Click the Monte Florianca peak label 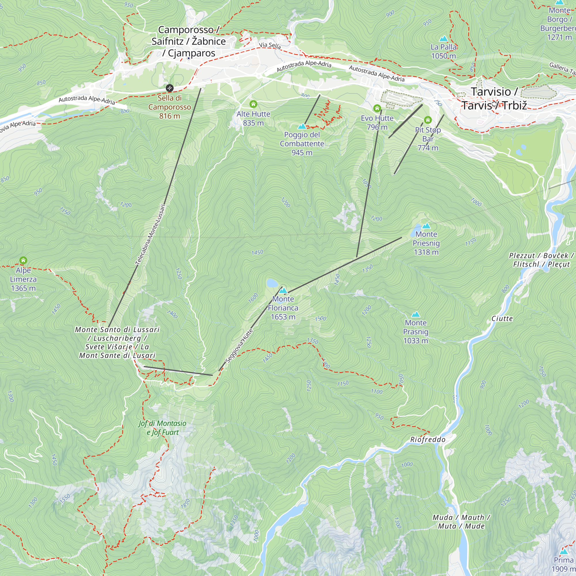tap(283, 308)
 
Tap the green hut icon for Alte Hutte tap(253, 104)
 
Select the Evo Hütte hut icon tap(377, 108)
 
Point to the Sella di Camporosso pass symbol tap(169, 88)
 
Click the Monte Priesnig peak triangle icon tap(426, 226)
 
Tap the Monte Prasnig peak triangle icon tap(416, 314)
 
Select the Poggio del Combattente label tap(302, 143)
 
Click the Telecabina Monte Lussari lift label tap(150, 235)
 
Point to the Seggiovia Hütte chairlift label tap(239, 346)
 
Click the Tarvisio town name tap(494, 98)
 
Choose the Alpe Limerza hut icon tap(23, 260)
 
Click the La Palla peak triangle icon tap(444, 39)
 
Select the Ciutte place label tap(502, 319)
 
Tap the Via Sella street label tap(270, 45)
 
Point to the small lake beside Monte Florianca tap(272, 283)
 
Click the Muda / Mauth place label tap(461, 522)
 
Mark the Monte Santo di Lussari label tap(117, 342)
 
